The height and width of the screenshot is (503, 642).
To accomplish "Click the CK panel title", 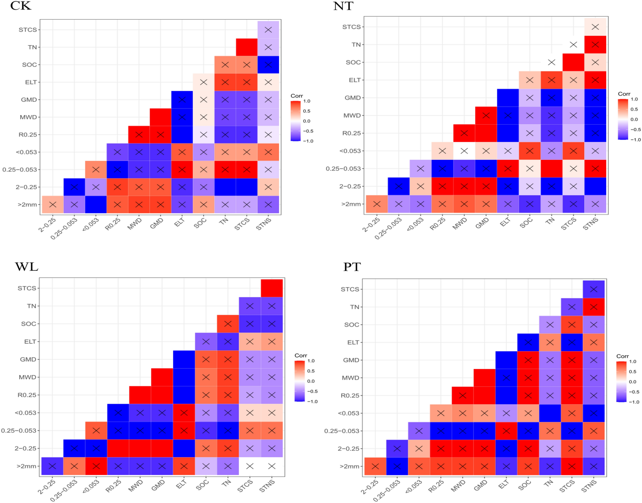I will coord(21,6).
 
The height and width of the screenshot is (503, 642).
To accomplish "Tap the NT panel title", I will coord(343,6).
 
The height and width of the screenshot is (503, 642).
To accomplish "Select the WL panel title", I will coord(27,267).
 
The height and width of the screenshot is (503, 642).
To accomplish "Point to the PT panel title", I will coord(352,267).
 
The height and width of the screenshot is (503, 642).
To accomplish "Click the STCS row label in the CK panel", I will coord(28,30).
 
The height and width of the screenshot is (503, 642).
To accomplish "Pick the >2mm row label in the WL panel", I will coord(27,466).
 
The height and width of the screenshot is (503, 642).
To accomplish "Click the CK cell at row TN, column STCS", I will coord(247,47).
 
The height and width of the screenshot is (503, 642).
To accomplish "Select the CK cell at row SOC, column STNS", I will coord(268,65).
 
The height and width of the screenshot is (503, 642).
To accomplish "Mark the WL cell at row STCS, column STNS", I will coord(272,288).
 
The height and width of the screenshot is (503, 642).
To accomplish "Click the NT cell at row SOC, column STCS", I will coord(573,62).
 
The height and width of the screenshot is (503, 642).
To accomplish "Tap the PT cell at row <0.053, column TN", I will coord(550,413).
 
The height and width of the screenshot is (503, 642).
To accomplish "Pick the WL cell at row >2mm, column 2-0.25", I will coord(52,466).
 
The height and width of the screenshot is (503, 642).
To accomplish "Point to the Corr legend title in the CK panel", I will coord(297,96).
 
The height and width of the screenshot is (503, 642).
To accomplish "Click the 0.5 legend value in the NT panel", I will coord(634,109).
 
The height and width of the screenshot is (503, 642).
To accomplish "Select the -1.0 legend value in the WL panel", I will coord(312,402).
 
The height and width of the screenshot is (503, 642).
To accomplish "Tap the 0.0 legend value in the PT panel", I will coord(632,382).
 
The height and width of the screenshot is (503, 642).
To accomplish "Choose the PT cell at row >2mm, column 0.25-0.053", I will coord(397,467).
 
